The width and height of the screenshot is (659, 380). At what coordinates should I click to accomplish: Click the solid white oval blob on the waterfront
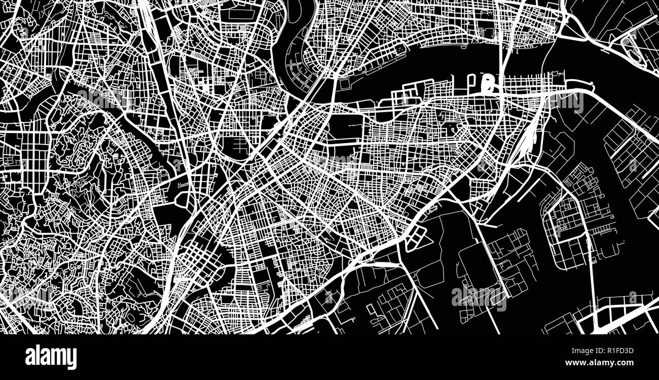[x=489, y=84]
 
